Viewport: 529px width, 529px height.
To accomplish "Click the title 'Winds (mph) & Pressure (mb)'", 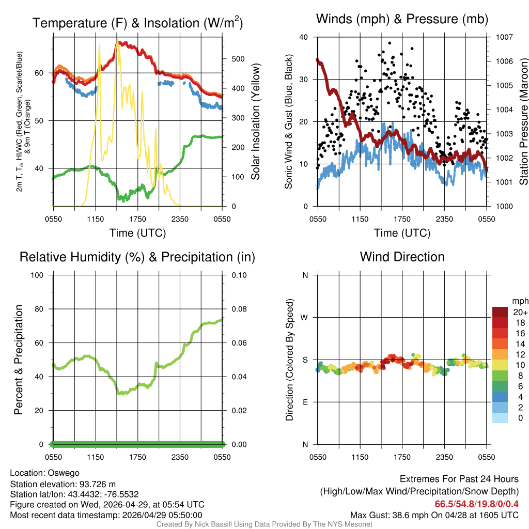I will pos(402,20).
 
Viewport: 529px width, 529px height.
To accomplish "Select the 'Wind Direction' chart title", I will pos(402,257).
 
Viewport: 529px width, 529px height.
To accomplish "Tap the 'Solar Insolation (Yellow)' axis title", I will pos(255,122).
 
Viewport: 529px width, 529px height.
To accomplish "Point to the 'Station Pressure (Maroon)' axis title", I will pos(523,122).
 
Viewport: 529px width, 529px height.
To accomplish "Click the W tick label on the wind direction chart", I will pos(305,317).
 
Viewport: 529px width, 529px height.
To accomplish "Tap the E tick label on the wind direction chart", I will pos(305,402).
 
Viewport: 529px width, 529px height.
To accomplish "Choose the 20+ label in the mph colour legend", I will pos(519,312).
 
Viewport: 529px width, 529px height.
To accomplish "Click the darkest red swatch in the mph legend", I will pos(500,312).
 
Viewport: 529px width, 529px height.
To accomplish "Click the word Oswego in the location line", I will pos(64,473).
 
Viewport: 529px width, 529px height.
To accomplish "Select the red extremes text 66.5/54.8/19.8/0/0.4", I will pos(476,504).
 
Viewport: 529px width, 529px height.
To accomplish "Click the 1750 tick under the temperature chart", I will pos(138,219).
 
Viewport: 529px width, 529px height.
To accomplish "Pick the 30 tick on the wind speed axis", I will pos(304,80).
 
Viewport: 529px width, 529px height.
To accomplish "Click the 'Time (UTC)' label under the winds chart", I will pos(402,233).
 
